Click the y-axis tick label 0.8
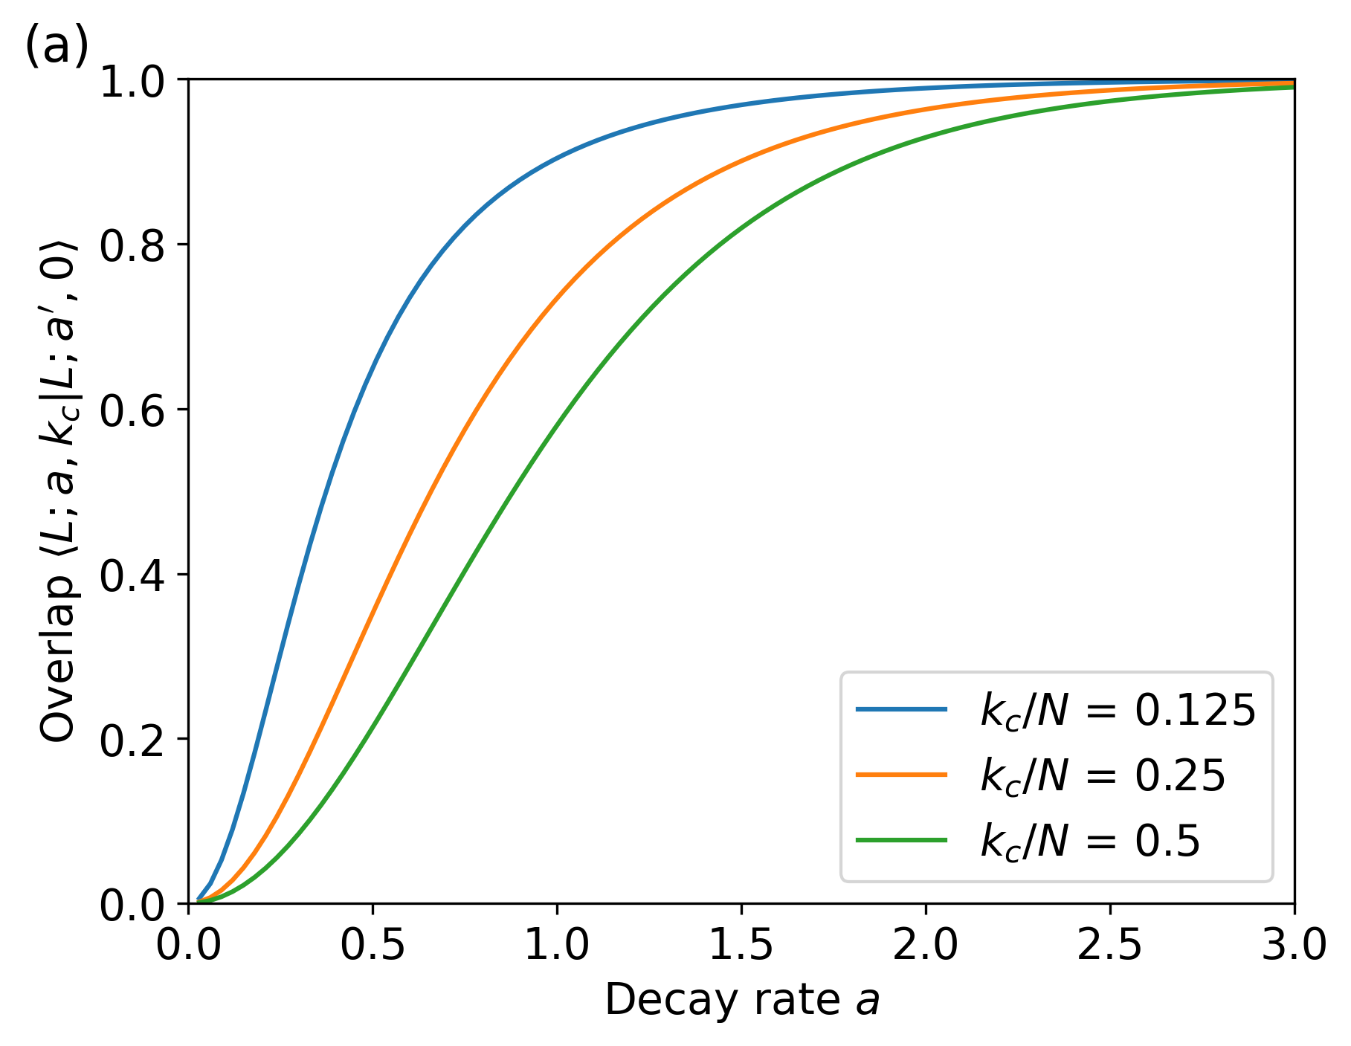(x=132, y=246)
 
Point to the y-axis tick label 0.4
(x=132, y=575)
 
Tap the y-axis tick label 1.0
(x=132, y=81)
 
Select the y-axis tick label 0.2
(x=132, y=740)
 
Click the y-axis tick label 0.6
(x=132, y=411)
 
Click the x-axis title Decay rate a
(x=741, y=1000)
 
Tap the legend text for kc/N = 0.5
(x=1090, y=842)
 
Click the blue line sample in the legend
(x=901, y=709)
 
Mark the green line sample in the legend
(x=901, y=840)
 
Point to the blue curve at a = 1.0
(x=557, y=157)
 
